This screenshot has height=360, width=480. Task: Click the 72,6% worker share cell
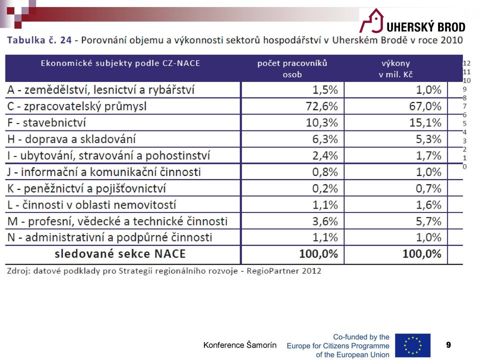point(321,106)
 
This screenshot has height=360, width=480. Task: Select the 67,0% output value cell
point(425,106)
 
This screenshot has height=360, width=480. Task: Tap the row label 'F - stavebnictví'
point(46,122)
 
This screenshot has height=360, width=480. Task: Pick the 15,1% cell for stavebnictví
point(425,122)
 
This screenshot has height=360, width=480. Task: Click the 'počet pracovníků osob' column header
point(292,68)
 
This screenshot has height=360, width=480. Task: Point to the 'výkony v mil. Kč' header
point(395,68)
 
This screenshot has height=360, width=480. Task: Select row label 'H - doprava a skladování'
point(71,139)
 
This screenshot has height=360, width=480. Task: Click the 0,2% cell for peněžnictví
point(325,188)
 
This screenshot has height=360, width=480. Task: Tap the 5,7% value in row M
point(428,221)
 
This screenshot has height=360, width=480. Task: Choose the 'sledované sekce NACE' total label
point(120,254)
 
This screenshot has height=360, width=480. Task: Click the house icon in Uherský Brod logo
point(371,20)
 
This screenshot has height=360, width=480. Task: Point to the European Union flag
point(412,345)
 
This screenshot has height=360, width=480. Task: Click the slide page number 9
point(448,345)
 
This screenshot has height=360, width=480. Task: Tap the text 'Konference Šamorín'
point(239,345)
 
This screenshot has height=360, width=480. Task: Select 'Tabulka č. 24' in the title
point(39,40)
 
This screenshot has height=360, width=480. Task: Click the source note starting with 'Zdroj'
point(164,271)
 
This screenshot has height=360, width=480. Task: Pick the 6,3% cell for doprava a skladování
point(325,139)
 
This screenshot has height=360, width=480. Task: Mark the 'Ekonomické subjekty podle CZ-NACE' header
point(120,63)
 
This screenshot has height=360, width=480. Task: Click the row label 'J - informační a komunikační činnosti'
point(104,171)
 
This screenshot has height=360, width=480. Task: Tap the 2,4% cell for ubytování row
point(325,155)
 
